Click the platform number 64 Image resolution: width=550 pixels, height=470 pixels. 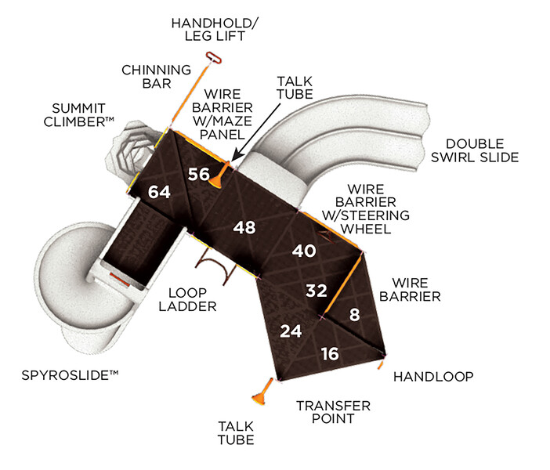coord(159,192)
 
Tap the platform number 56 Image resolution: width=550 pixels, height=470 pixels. coord(199,175)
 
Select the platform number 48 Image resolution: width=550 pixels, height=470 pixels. coord(244,227)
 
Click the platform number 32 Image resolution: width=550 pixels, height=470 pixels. coord(316,291)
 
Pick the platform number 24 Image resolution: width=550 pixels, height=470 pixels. coord(291,331)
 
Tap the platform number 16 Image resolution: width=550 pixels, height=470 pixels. coord(330,354)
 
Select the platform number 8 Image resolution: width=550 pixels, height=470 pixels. coord(354,316)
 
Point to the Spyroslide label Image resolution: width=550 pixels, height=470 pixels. coord(70,377)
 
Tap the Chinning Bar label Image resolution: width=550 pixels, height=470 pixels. coord(156,78)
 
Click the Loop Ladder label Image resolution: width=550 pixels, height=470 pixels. coord(187,298)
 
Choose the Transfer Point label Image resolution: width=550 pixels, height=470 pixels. coord(332,412)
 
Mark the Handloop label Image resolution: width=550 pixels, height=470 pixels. coord(433,377)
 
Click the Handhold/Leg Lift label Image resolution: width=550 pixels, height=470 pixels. coord(209,30)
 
